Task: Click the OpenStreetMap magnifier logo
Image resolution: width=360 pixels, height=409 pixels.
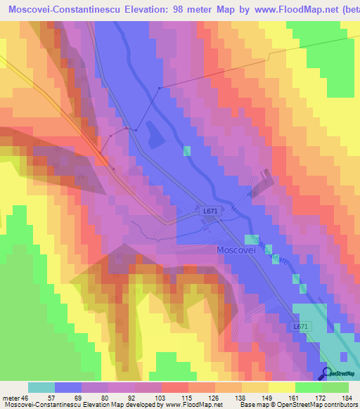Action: point(328,374)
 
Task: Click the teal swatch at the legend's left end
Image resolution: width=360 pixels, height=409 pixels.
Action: point(41,387)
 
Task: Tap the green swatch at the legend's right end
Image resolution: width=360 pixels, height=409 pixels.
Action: point(335,387)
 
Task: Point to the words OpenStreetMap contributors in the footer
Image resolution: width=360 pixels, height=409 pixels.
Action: point(321,405)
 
